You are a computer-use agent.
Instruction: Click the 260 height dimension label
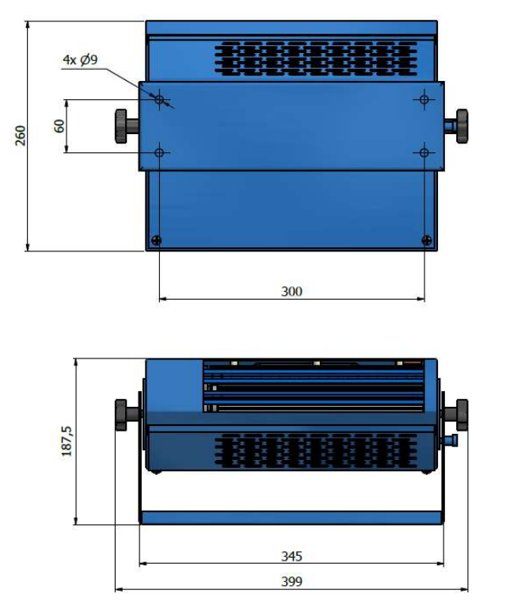click(21, 136)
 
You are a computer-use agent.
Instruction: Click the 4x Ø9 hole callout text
click(80, 59)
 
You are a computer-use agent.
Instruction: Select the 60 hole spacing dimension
click(59, 126)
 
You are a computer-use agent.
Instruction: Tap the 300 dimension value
click(291, 291)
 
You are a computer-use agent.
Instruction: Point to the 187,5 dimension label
click(67, 441)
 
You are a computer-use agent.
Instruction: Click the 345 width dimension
click(291, 556)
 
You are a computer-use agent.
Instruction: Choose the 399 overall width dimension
click(291, 581)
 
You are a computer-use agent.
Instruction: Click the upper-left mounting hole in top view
click(159, 99)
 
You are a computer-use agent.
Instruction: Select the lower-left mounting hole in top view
click(159, 152)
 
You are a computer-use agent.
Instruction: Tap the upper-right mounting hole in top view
click(424, 99)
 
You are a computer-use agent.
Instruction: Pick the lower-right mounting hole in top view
click(424, 152)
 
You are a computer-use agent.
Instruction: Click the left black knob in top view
click(121, 126)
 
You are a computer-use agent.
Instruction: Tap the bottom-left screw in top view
click(156, 240)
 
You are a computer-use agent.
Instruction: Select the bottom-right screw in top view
click(427, 240)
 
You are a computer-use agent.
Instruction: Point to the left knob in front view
click(121, 415)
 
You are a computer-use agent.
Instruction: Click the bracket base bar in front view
click(291, 517)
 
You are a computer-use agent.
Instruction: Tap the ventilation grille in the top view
click(316, 58)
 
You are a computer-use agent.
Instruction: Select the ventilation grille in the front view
click(316, 450)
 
